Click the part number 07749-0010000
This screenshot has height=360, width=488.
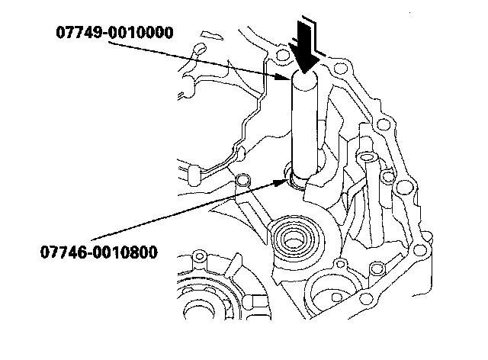[114, 33]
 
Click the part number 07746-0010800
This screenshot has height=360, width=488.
[99, 252]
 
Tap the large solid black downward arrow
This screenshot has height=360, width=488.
[303, 47]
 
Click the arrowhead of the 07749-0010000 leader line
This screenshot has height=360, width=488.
[282, 77]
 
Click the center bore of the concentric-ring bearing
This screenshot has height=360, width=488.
[292, 242]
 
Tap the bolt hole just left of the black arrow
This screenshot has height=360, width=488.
[282, 55]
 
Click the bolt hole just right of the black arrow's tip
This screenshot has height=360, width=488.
[341, 68]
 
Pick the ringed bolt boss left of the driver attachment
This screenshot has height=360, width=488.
[242, 180]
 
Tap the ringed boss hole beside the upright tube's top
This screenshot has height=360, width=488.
[387, 177]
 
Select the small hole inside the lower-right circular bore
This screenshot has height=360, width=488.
[336, 297]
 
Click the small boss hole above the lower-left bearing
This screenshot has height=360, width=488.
[200, 256]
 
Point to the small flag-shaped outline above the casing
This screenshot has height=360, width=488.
[212, 35]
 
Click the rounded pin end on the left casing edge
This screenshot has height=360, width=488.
[194, 176]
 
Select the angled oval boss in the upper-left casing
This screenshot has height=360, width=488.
[199, 48]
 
